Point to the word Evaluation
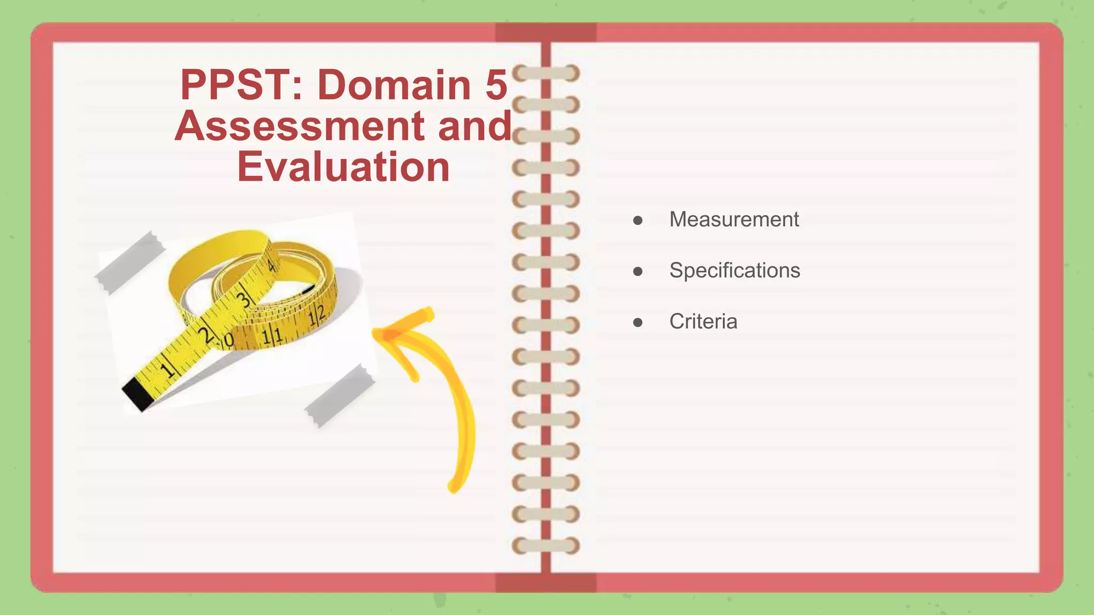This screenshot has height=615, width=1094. pyautogui.click(x=343, y=167)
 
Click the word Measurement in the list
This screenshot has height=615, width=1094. pyautogui.click(x=734, y=219)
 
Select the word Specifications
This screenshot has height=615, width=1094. pyautogui.click(x=734, y=271)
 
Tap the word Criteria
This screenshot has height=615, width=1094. pyautogui.click(x=703, y=321)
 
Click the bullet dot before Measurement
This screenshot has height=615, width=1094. pyautogui.click(x=637, y=220)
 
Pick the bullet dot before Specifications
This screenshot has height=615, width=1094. pyautogui.click(x=637, y=272)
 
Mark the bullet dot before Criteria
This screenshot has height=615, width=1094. pyautogui.click(x=637, y=322)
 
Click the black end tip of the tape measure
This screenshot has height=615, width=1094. pyautogui.click(x=137, y=393)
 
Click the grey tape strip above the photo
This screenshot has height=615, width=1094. pyautogui.click(x=129, y=262)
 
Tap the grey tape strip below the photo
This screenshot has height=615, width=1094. pyautogui.click(x=340, y=396)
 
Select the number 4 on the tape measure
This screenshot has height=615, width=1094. pyautogui.click(x=272, y=265)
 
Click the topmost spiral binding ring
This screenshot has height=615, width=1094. pyautogui.click(x=546, y=73)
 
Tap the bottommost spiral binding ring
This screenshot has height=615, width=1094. pyautogui.click(x=546, y=546)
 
